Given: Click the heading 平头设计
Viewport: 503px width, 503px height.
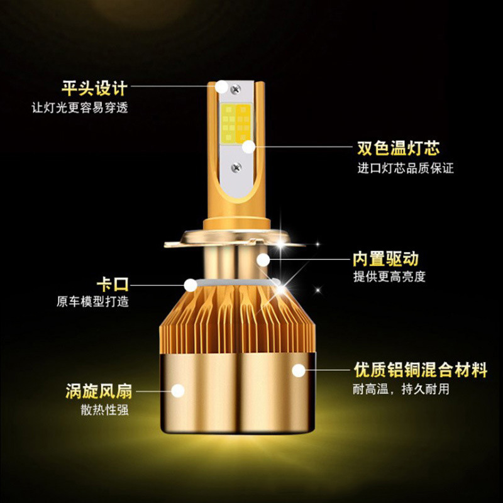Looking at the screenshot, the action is click(x=95, y=88).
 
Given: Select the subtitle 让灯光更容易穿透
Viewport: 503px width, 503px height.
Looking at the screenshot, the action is click(x=80, y=108).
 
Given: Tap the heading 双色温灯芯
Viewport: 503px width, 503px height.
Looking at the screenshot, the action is click(x=399, y=148).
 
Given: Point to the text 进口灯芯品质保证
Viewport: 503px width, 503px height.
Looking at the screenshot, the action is click(x=406, y=168).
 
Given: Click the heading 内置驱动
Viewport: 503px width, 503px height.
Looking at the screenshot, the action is click(x=385, y=258).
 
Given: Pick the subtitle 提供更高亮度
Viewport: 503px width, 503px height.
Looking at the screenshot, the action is click(x=389, y=276).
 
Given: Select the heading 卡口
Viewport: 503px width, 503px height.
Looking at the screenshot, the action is click(x=113, y=284).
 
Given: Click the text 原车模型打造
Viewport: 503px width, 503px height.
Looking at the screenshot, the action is click(x=92, y=301).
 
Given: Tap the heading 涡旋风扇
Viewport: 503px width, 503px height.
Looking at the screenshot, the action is click(x=99, y=390).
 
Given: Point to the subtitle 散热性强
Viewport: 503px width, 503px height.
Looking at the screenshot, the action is click(x=104, y=410).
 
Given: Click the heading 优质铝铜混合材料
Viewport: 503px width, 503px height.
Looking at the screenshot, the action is click(x=421, y=370).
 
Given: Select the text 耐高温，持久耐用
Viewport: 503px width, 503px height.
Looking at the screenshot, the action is click(x=401, y=389).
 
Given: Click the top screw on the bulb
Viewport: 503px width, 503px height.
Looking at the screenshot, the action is click(x=236, y=88).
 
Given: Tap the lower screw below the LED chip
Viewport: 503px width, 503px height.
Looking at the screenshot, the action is click(x=236, y=167).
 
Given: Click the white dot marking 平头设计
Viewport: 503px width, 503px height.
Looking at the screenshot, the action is click(x=221, y=87).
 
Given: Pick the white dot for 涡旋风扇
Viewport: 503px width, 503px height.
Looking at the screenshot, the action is click(x=178, y=390).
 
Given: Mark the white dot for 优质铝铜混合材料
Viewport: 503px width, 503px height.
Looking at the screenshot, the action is click(x=299, y=370).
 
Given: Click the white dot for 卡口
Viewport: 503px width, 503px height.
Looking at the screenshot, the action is click(x=191, y=285).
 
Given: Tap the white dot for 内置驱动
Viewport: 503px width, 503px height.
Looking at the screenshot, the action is click(x=263, y=260).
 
